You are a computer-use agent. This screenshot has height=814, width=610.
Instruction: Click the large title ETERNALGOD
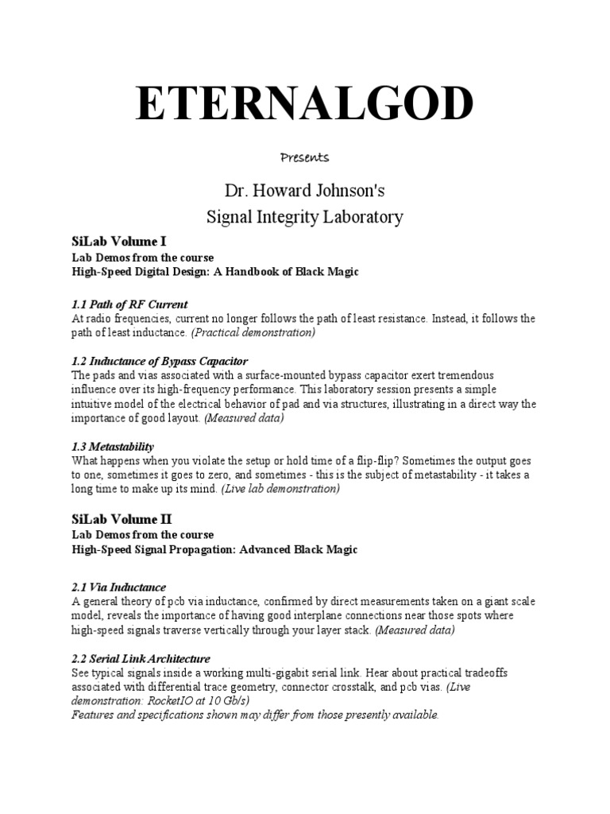coord(304,103)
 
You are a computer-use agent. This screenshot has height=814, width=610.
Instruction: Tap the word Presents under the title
coord(305,157)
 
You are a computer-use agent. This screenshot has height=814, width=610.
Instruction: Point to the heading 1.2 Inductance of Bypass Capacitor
coord(160,361)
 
